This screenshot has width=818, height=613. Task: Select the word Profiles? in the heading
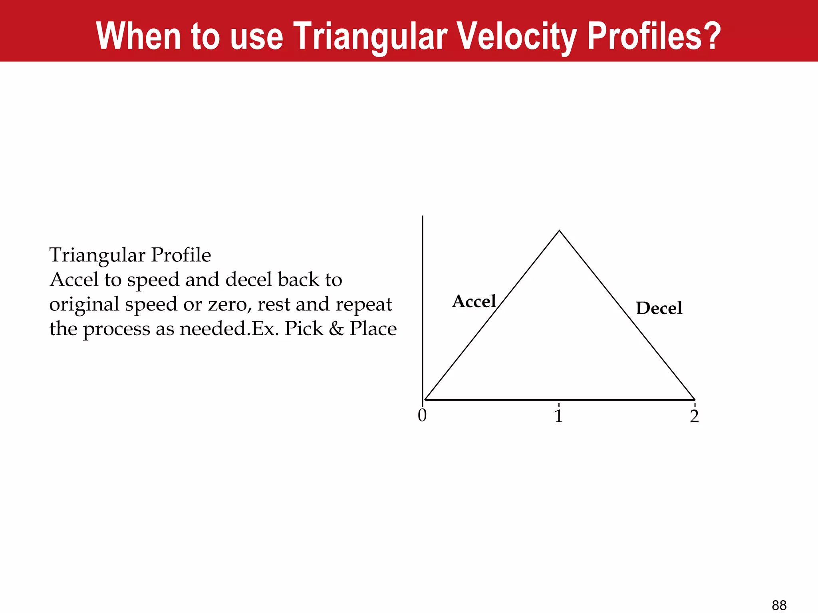click(x=654, y=37)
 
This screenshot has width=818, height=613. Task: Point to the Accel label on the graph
click(x=474, y=302)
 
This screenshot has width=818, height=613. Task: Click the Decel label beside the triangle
click(x=659, y=308)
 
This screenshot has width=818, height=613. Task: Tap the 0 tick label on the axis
click(x=422, y=416)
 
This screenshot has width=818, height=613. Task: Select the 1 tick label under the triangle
click(x=559, y=416)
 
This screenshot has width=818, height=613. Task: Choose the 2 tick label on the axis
click(x=695, y=417)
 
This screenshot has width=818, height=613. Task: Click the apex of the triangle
click(x=559, y=231)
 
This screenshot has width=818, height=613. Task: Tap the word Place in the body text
click(x=373, y=328)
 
